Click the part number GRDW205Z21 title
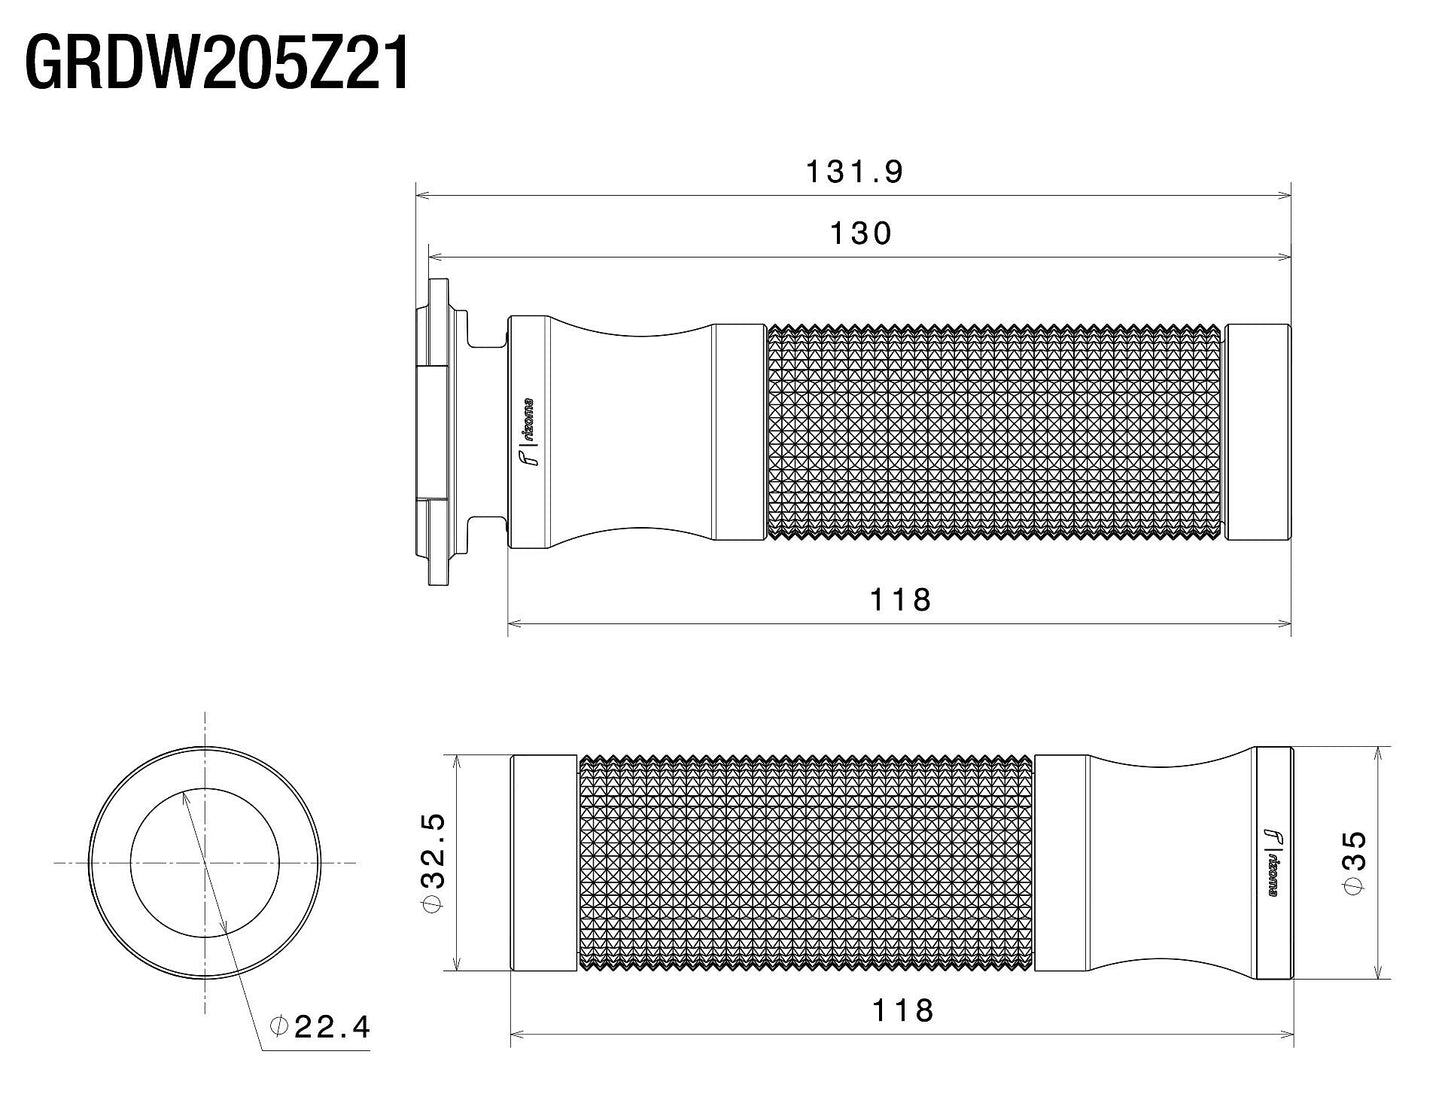point(217,64)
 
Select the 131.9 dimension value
point(854,172)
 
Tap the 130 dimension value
point(860,233)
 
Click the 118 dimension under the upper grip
point(900,599)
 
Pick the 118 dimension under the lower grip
point(902,1009)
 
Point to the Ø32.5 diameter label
point(433,862)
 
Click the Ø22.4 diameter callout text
point(321,1026)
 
